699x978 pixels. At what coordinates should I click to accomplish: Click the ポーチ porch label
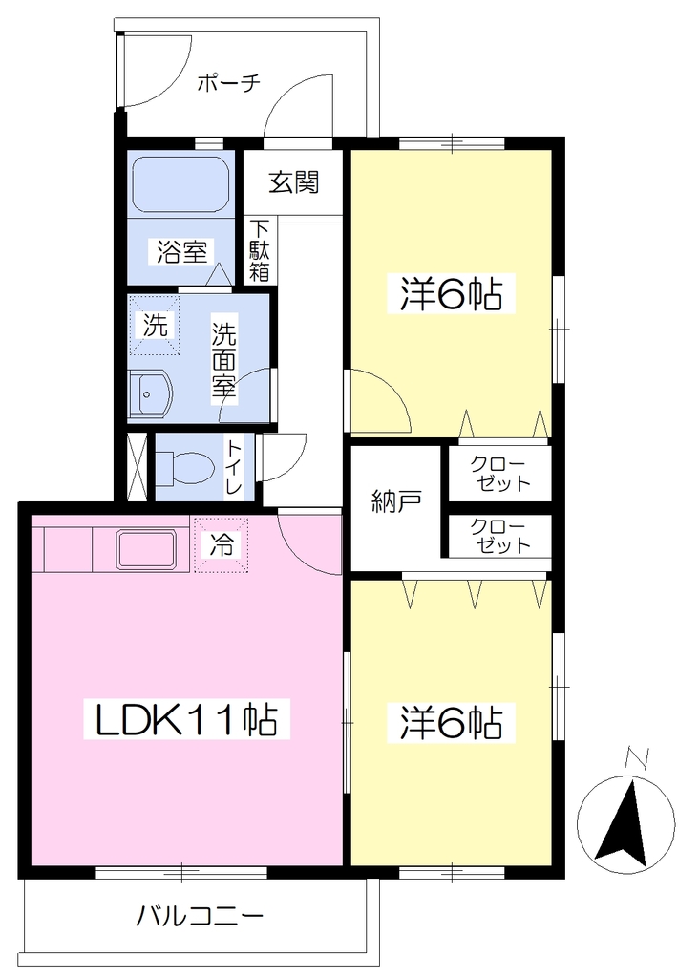pos(228,83)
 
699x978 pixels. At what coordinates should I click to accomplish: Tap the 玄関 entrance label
pos(294,182)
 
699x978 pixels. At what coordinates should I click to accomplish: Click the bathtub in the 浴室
pos(180,184)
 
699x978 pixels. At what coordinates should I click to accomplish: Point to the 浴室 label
pos(181,251)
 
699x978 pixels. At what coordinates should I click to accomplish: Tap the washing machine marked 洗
pos(155,325)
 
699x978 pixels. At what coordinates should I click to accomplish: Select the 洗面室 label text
pos(223,359)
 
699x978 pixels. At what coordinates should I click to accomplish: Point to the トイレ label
pos(235,468)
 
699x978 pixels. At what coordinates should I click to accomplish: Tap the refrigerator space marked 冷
pos(222,544)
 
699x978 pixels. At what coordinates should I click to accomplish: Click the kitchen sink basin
pos(146,549)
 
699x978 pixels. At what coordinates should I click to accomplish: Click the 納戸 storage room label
pos(396,500)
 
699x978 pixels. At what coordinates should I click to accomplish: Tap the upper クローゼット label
pos(500,474)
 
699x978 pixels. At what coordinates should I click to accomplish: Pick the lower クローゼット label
pos(500,537)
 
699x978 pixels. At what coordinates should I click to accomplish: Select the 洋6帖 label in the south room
pos(451,722)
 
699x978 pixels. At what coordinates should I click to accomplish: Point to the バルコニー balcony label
pos(201,916)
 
